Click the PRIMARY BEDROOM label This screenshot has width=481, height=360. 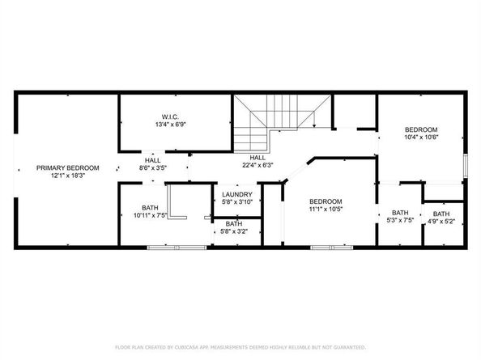pyautogui.click(x=68, y=168)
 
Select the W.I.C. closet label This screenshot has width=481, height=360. pyautogui.click(x=170, y=116)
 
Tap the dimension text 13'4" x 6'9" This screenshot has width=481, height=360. pyautogui.click(x=171, y=125)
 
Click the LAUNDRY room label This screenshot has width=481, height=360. pyautogui.click(x=237, y=194)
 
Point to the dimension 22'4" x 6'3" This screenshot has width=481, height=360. pyautogui.click(x=258, y=165)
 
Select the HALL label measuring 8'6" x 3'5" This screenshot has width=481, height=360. pyautogui.click(x=153, y=160)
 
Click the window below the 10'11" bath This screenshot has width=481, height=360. pyautogui.click(x=177, y=248)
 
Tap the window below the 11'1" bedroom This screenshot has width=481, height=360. pyautogui.click(x=332, y=248)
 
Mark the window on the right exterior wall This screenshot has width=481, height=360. pyautogui.click(x=466, y=166)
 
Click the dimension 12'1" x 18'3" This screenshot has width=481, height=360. pyautogui.click(x=68, y=176)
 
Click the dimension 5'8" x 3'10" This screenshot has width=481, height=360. pyautogui.click(x=237, y=202)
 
